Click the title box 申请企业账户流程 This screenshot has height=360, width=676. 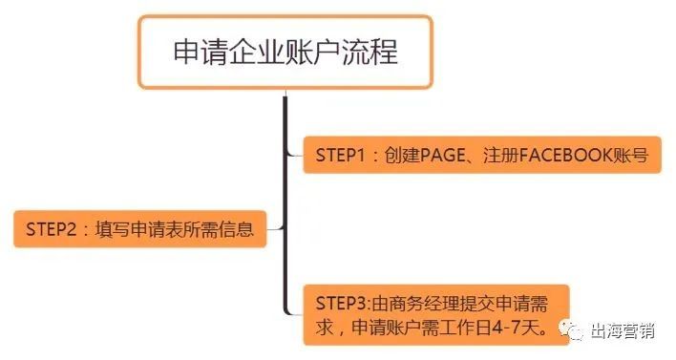(285, 52)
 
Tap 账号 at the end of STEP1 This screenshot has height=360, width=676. (634, 155)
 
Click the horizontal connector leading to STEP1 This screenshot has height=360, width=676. (295, 154)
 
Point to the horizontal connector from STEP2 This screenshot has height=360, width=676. (275, 229)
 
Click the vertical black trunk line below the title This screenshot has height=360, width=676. (285, 191)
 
